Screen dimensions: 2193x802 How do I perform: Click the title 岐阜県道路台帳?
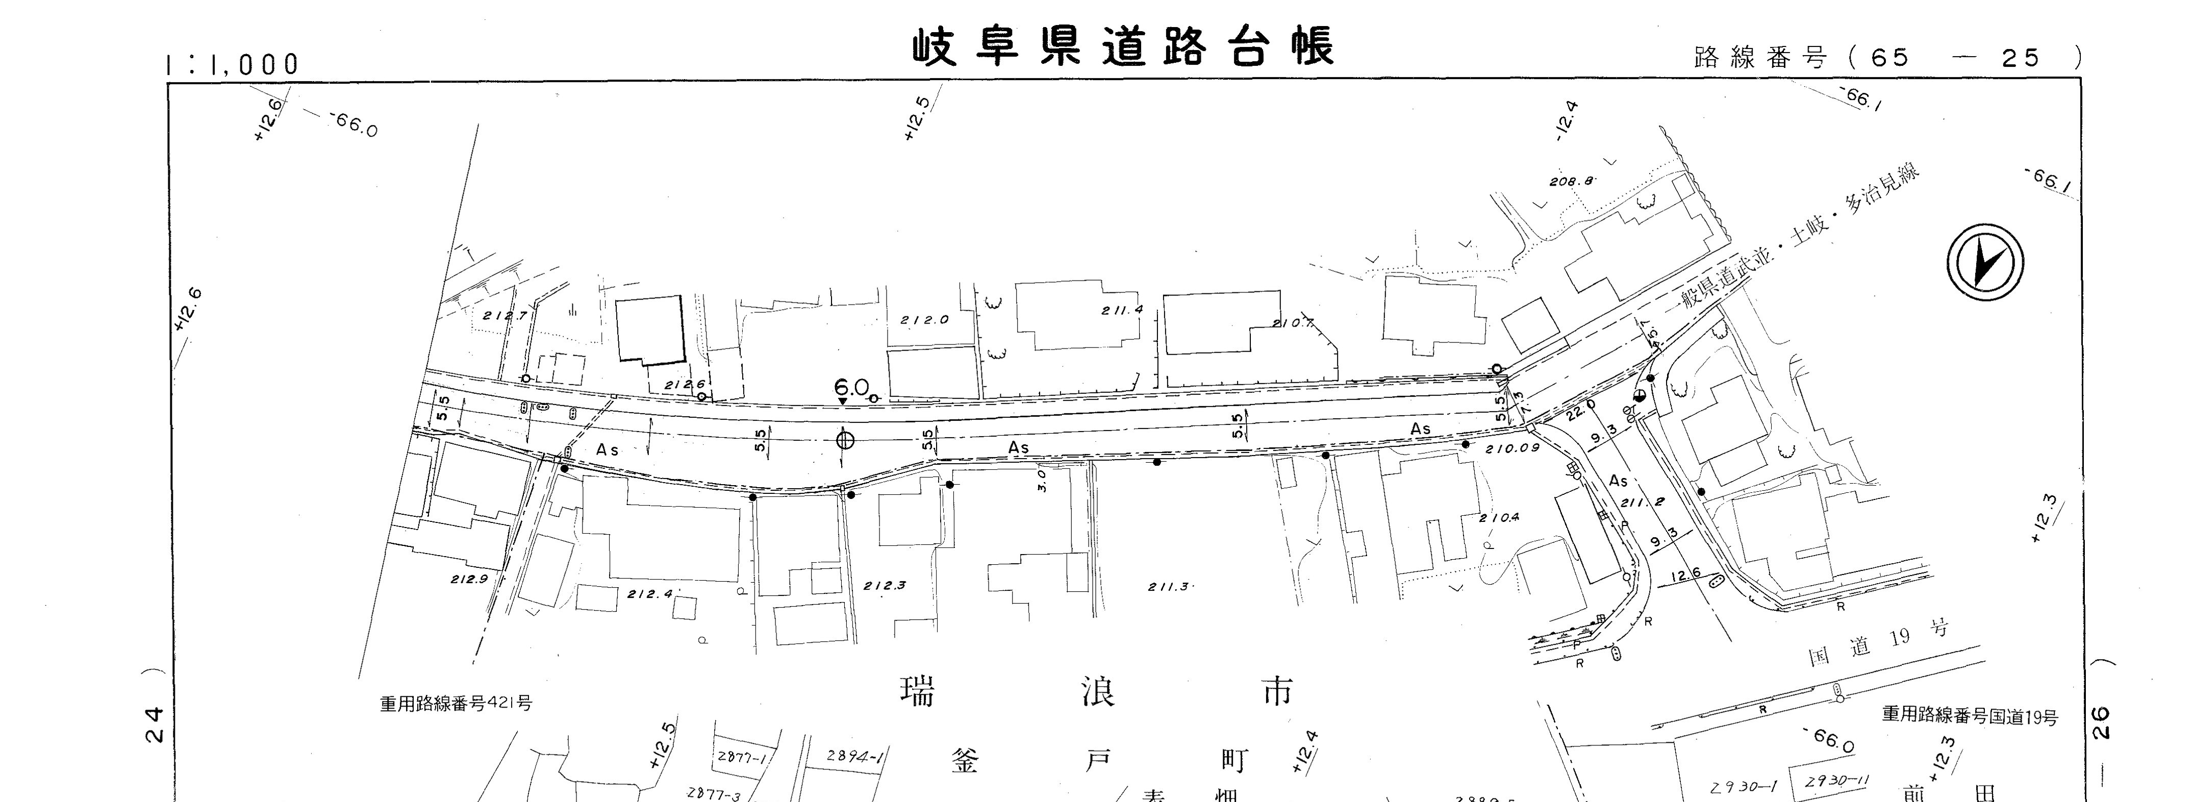point(1123,47)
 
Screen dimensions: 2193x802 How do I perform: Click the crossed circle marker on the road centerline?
point(845,439)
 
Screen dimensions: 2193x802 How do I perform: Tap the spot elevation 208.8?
point(1571,181)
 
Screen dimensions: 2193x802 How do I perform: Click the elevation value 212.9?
point(469,579)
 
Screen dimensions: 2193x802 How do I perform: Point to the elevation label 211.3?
point(1168,587)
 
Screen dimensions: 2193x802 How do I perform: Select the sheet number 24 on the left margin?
point(154,724)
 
